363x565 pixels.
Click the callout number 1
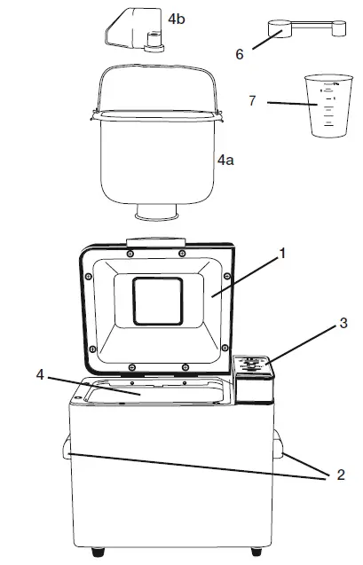(282, 253)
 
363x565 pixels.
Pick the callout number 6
(240, 53)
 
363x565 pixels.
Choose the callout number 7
(253, 102)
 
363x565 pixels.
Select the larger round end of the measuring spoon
(278, 32)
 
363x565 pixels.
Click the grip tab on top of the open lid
(156, 241)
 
